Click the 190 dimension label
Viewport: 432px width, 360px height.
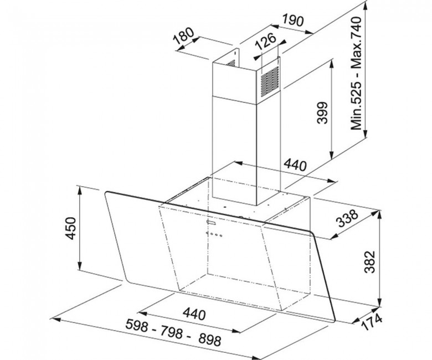pyautogui.click(x=292, y=20)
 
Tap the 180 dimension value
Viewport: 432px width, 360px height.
pyautogui.click(x=184, y=36)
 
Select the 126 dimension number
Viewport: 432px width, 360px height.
pyautogui.click(x=265, y=41)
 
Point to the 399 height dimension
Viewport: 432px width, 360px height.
pyautogui.click(x=322, y=112)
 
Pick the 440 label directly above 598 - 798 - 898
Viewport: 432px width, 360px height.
pyautogui.click(x=194, y=313)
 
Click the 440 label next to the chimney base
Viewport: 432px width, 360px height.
pyautogui.click(x=295, y=165)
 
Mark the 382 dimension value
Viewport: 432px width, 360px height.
pyautogui.click(x=369, y=261)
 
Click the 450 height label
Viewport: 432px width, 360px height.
pyautogui.click(x=70, y=228)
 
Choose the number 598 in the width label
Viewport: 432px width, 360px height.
pyautogui.click(x=137, y=325)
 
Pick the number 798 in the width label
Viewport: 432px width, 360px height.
pyautogui.click(x=172, y=332)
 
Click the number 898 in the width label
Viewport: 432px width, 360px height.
pyautogui.click(x=210, y=340)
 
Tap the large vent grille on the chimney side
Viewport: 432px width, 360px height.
pyautogui.click(x=270, y=80)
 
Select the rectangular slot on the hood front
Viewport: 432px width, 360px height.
pyautogui.click(x=211, y=222)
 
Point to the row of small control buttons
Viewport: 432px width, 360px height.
pyautogui.click(x=214, y=235)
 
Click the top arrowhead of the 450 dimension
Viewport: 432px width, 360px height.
pyautogui.click(x=80, y=190)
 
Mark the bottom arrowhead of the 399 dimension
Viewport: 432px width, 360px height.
pyautogui.click(x=332, y=155)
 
